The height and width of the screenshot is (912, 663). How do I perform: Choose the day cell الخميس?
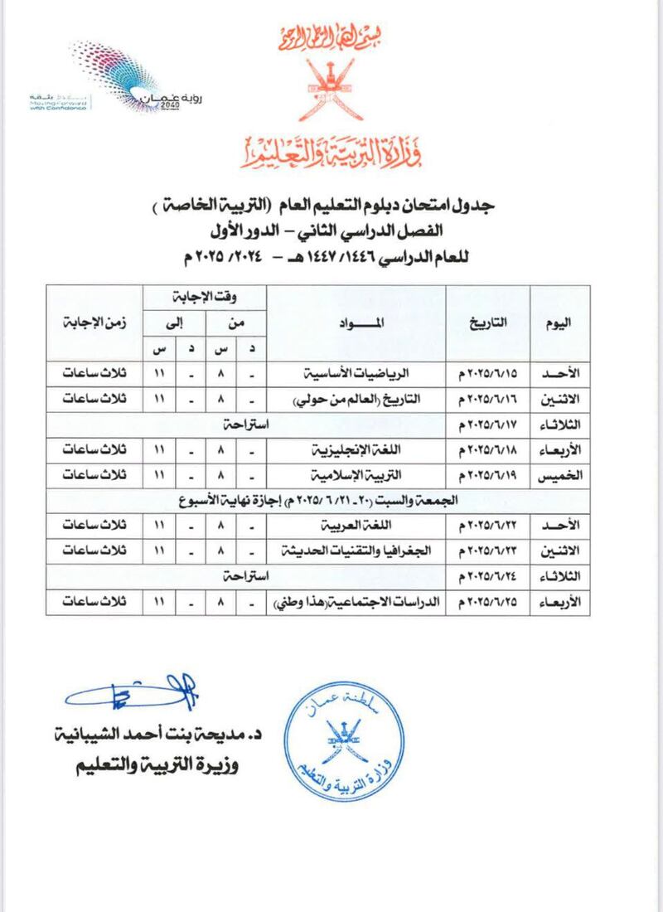tap(559, 477)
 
